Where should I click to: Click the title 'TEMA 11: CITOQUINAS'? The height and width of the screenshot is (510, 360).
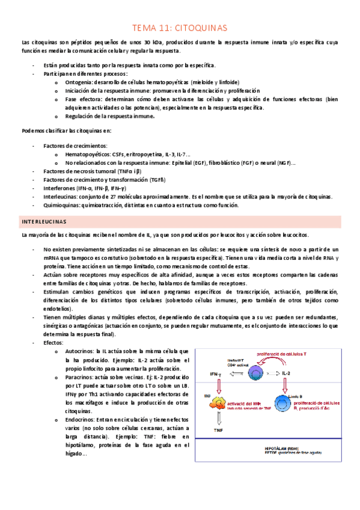[x=180, y=28]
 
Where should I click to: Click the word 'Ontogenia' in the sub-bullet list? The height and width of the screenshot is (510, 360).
[x=79, y=82]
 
